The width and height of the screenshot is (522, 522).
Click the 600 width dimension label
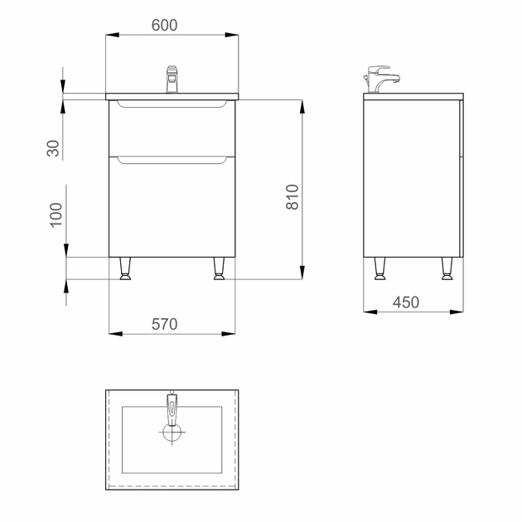click(x=164, y=26)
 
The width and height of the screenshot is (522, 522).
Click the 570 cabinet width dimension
click(x=164, y=324)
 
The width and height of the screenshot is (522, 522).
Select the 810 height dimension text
click(x=292, y=196)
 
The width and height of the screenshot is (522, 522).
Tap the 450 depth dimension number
click(x=406, y=302)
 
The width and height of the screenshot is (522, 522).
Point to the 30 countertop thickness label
click(x=53, y=148)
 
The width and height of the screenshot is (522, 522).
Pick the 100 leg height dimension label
click(x=56, y=215)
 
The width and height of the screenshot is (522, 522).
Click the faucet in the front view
click(x=172, y=80)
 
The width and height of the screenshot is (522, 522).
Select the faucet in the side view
click(x=382, y=79)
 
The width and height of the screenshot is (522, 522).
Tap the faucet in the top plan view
click(x=172, y=408)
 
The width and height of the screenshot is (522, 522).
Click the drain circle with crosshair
click(x=172, y=433)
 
